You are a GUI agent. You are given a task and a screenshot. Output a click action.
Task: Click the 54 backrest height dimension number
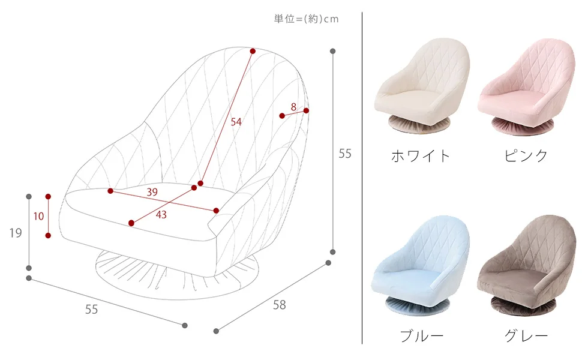pos(236,122)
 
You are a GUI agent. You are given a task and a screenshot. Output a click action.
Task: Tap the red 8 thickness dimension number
pos(293,107)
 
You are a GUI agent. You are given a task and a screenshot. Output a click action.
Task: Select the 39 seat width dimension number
pos(152,192)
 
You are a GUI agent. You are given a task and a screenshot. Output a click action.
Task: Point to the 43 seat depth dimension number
pos(161,214)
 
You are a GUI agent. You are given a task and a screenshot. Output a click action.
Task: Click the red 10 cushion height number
pos(38,216)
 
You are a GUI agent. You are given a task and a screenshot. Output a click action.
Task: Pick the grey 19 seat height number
pos(16,233)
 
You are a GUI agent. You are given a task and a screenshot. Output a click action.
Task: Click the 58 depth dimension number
pos(280,305)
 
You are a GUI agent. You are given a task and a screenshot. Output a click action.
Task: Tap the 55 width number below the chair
pos(91,309)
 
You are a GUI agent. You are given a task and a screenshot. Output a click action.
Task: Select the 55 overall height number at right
pos(345,154)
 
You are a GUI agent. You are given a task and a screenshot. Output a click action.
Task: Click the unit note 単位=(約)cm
pos(306,19)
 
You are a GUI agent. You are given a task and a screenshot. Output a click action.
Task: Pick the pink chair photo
pos(524,84)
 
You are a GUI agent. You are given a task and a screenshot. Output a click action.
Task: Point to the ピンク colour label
pos(526,156)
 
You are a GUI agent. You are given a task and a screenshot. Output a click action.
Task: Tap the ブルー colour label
pos(422,335)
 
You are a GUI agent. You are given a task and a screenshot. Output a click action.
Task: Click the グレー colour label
pos(526,335)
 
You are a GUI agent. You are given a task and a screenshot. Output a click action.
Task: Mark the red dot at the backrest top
pos(253,51)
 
